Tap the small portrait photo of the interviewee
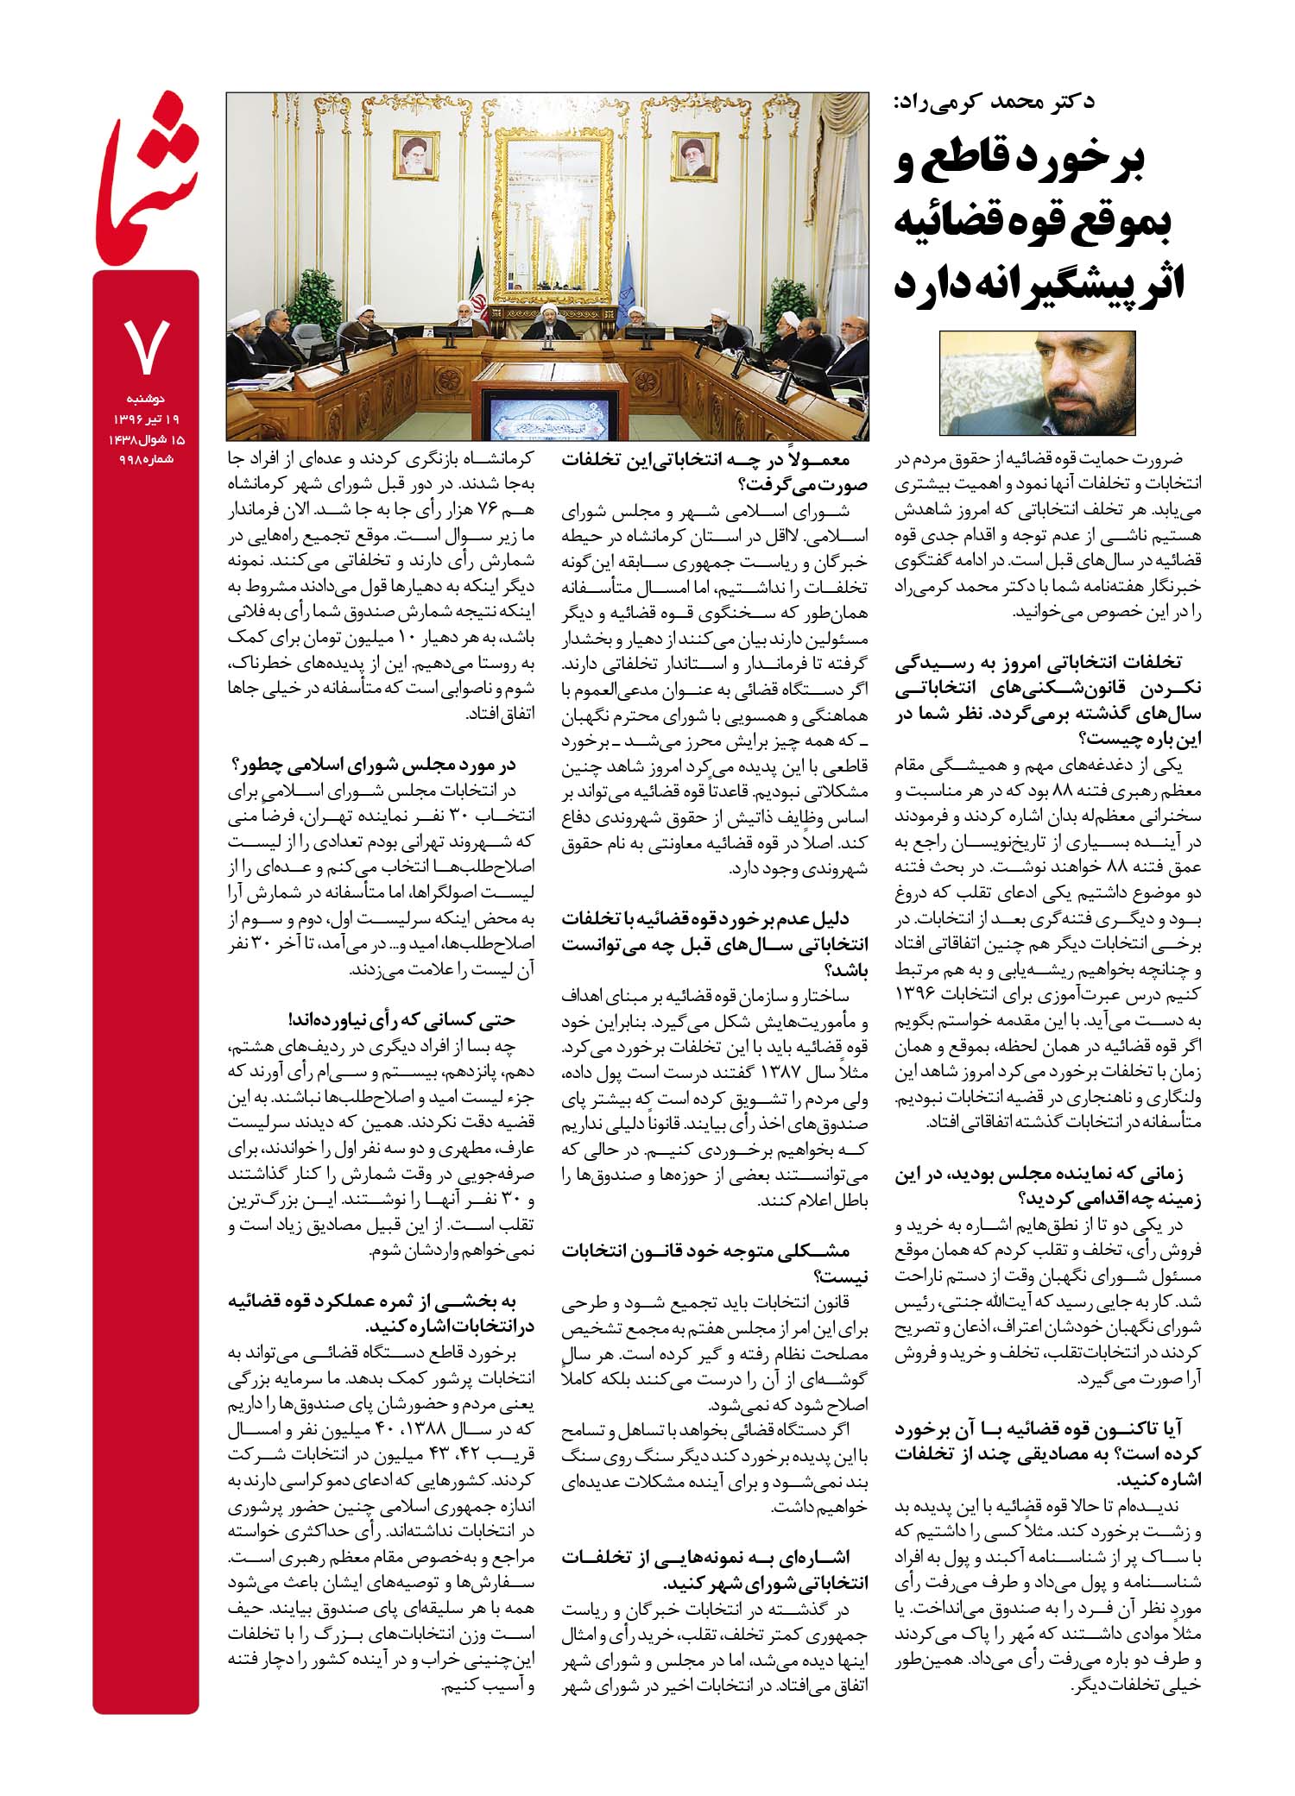[1037, 382]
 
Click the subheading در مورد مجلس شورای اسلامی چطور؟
[374, 764]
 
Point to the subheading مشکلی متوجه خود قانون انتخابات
[705, 1250]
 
